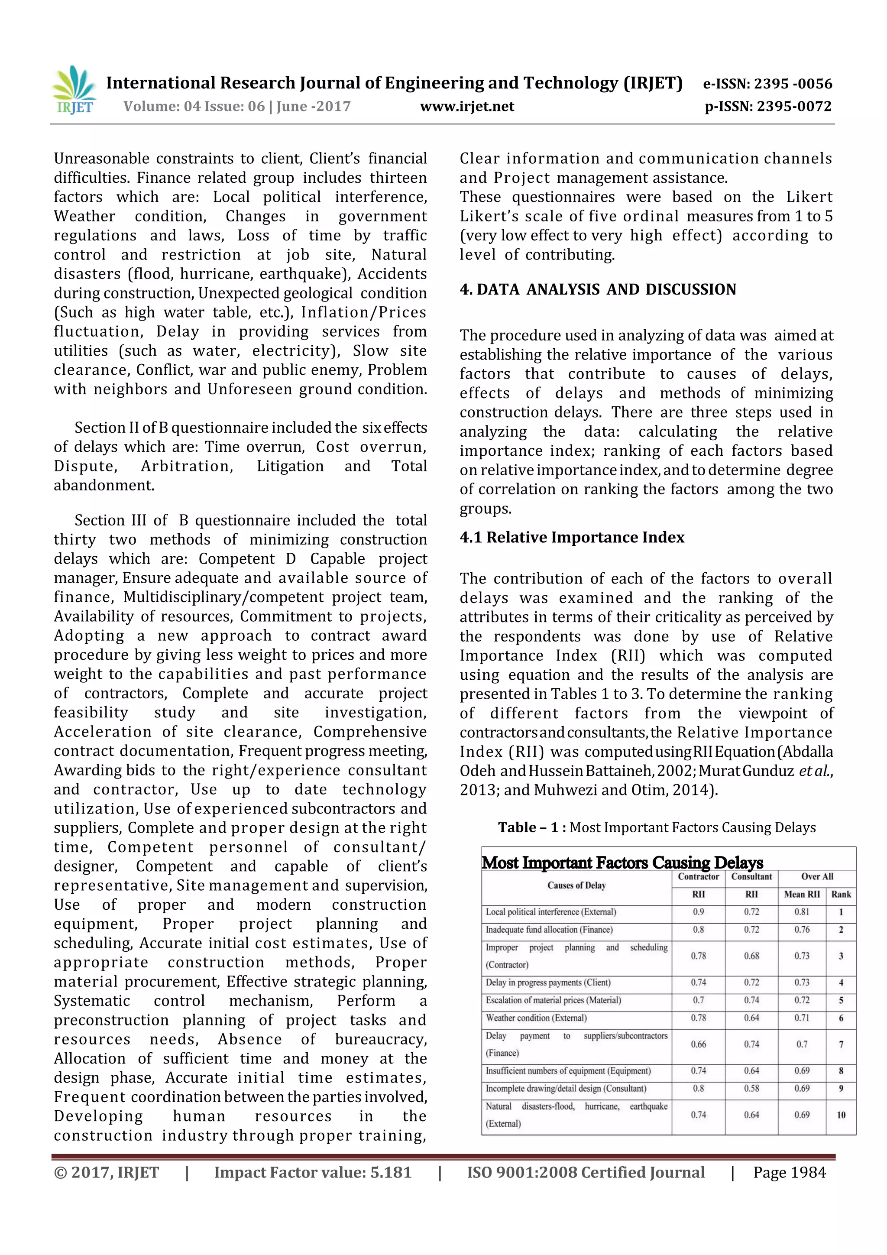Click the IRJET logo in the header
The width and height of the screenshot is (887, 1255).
[x=74, y=90]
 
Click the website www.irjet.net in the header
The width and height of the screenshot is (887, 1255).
[x=467, y=106]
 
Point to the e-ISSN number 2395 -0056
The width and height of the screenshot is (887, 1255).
[x=793, y=84]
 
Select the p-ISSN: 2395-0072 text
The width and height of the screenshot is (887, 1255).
[x=768, y=106]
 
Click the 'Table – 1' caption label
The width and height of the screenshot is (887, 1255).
[x=528, y=827]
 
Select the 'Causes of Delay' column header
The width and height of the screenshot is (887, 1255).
[x=576, y=885]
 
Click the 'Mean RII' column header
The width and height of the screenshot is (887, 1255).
[x=801, y=894]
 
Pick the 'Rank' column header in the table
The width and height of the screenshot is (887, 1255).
[x=841, y=894]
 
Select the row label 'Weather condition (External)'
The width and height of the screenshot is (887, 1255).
[x=536, y=1018]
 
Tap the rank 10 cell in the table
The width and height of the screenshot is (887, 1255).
[x=841, y=1115]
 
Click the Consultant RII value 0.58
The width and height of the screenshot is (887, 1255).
[x=751, y=1088]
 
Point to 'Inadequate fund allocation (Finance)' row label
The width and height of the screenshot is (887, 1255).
[x=549, y=929]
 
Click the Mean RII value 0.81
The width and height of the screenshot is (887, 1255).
[x=801, y=912]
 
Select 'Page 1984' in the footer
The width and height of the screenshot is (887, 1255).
[x=789, y=1172]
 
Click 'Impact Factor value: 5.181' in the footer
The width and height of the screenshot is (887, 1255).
[x=312, y=1172]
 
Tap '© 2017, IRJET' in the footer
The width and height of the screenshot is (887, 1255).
[x=106, y=1172]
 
